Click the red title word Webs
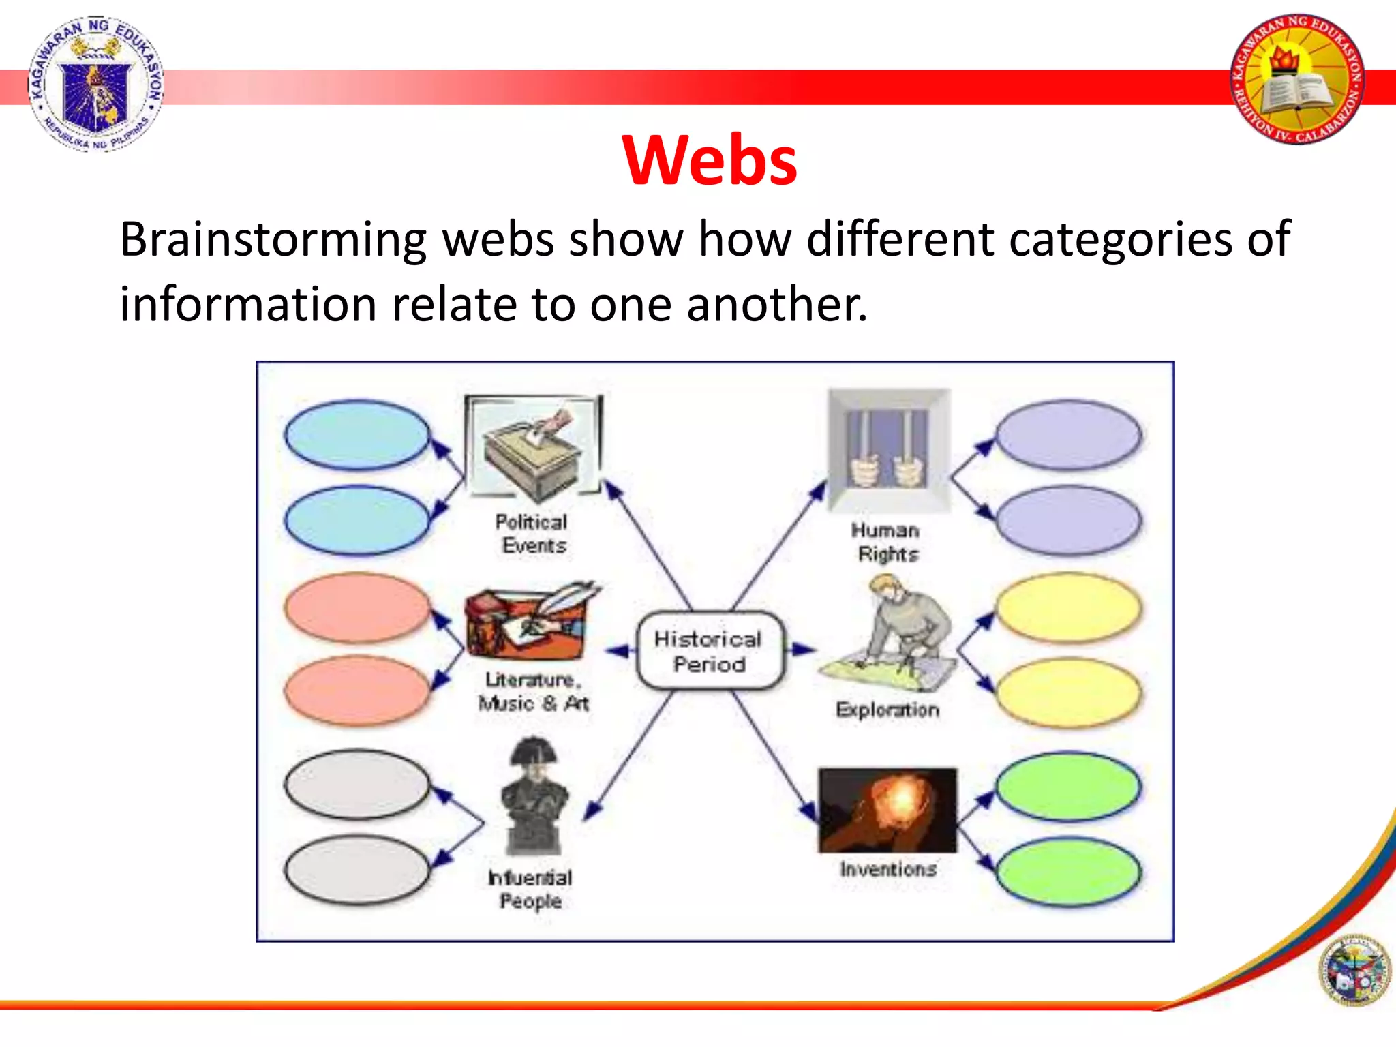pyautogui.click(x=709, y=160)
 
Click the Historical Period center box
pyautogui.click(x=708, y=651)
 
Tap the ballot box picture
pyautogui.click(x=533, y=447)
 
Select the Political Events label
pyautogui.click(x=532, y=534)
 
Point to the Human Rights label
pyautogui.click(x=886, y=542)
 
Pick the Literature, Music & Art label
pyautogui.click(x=532, y=691)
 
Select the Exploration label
pyautogui.click(x=887, y=710)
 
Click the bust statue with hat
pyautogui.click(x=534, y=796)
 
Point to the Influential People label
pyautogui.click(x=530, y=889)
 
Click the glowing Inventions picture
pyautogui.click(x=887, y=810)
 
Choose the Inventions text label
pyautogui.click(x=887, y=869)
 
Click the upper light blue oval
pyautogui.click(x=357, y=435)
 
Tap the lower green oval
pyautogui.click(x=1067, y=872)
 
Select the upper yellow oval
pyautogui.click(x=1067, y=608)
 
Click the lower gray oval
pyautogui.click(x=357, y=870)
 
